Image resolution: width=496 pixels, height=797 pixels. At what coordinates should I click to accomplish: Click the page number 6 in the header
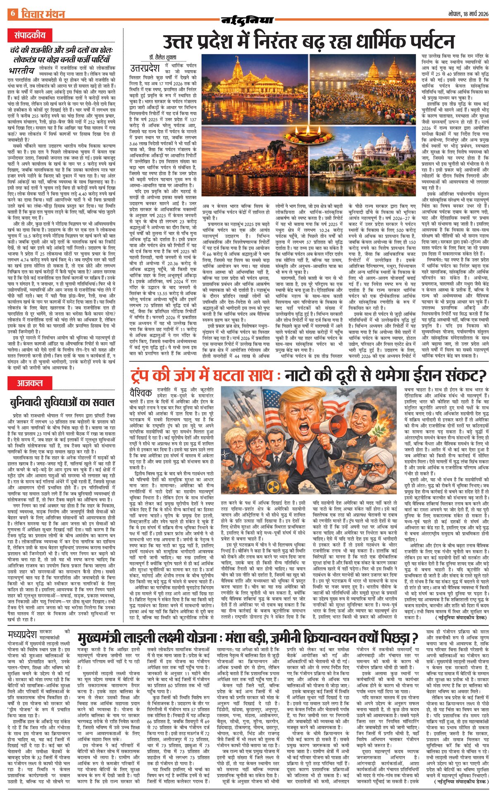(x=13, y=14)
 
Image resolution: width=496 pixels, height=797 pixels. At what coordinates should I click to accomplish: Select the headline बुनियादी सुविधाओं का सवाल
(x=62, y=402)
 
